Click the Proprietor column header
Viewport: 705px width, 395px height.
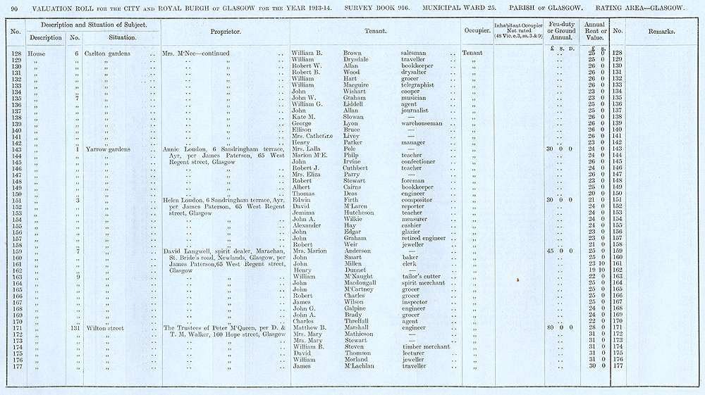point(226,32)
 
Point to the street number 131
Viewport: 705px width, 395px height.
point(75,327)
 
